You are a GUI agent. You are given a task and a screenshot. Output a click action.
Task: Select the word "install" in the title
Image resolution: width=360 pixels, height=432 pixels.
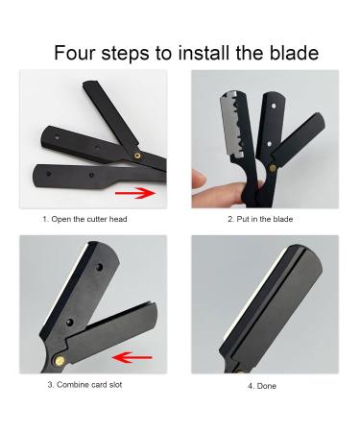pos(200,52)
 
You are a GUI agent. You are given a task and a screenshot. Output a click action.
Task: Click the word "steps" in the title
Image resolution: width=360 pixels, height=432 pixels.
pos(126,52)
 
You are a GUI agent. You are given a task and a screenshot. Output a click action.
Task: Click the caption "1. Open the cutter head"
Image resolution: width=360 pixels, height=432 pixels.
pos(84,219)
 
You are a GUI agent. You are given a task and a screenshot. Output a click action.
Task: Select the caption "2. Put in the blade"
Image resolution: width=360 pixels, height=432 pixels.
pos(260,219)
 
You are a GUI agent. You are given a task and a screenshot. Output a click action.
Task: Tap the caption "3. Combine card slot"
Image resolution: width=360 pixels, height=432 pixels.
pos(84,384)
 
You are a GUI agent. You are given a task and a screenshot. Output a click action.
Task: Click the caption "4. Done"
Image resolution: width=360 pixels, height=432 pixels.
pos(260,385)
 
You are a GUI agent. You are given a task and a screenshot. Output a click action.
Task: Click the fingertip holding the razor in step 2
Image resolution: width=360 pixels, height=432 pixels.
pos(204,180)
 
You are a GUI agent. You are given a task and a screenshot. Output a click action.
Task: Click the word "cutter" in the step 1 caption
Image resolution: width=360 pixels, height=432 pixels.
pos(93,219)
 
